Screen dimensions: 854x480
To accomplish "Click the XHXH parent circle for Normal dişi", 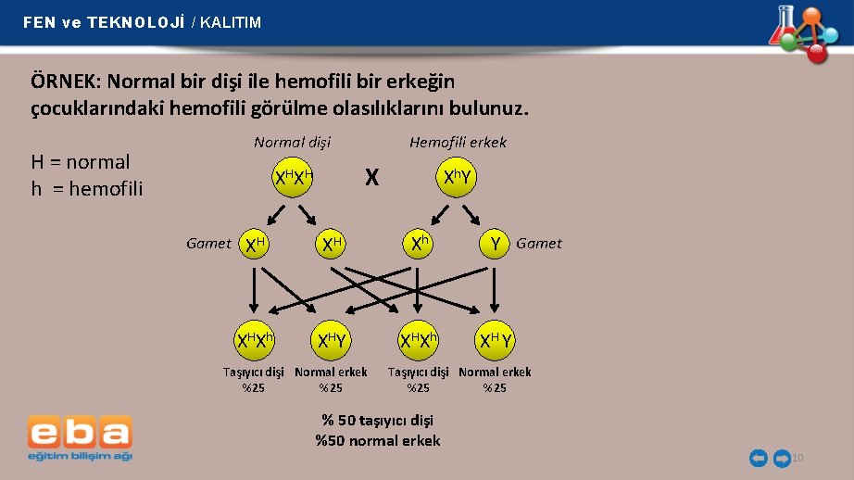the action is (x=293, y=177).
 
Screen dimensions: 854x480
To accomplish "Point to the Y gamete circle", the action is (x=496, y=244).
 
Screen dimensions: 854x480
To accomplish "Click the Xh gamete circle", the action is (x=419, y=244).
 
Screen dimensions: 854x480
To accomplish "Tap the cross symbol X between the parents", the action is (x=371, y=177).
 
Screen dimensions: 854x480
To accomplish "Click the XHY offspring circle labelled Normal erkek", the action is (x=331, y=341).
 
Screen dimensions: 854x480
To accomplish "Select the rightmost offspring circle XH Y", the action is (x=495, y=341).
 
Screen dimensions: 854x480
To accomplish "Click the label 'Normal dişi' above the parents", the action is (x=292, y=142).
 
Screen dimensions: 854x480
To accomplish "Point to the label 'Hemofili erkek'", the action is (x=458, y=142).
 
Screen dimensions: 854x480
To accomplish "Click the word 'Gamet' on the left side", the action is (x=208, y=244).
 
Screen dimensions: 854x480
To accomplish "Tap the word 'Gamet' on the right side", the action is (x=538, y=244).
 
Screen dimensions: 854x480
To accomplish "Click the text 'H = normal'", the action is (x=81, y=162).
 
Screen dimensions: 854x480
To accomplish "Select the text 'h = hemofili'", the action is (x=87, y=189).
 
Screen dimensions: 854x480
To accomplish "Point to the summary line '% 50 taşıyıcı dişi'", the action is (x=377, y=421).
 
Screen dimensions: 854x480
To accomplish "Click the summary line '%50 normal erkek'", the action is (x=377, y=440).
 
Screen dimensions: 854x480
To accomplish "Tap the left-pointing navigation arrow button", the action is (x=758, y=458).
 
